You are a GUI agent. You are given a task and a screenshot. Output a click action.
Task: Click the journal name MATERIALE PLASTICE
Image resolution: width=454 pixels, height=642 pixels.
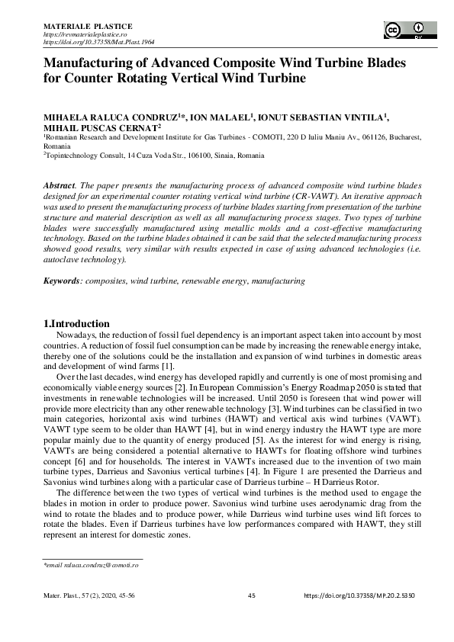[x=88, y=27]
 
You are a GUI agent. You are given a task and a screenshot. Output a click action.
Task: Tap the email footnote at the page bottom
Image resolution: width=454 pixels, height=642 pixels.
[x=91, y=565]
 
